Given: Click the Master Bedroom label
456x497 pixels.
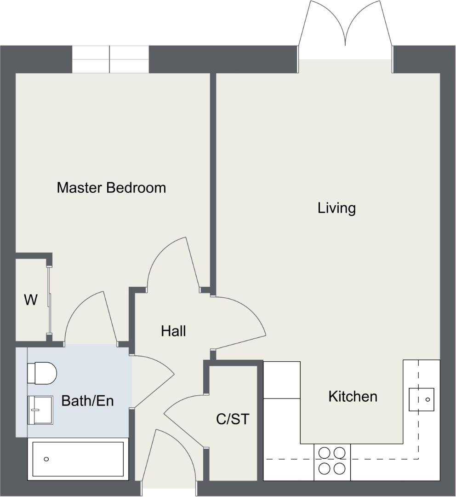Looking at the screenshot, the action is coord(111,188).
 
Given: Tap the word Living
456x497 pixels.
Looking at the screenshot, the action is coord(336,208).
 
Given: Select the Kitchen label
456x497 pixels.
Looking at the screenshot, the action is coord(353,396).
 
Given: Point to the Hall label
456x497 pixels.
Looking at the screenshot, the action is coord(173,331).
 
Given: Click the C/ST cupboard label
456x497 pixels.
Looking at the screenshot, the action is coord(232,419).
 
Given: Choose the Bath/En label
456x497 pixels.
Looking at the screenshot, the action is coord(87,401).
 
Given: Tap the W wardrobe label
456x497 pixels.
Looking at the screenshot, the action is coord(30,301).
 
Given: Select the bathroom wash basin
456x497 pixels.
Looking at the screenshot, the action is coord(40,410).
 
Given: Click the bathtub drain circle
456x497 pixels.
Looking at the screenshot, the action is coord(46,459).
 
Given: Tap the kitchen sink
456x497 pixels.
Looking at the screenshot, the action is coord(422,399).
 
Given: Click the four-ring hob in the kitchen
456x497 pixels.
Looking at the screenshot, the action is coord(332,461).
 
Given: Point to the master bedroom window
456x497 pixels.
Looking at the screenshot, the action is coord(110,59).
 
